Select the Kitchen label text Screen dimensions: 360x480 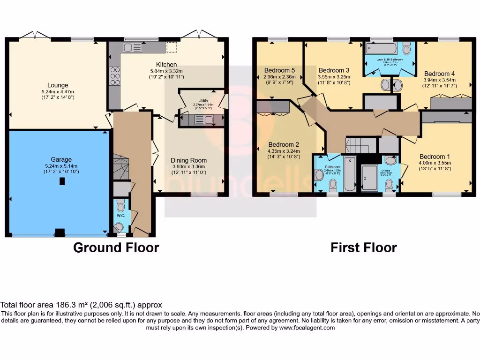(166, 64)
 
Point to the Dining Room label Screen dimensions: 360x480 (188, 160)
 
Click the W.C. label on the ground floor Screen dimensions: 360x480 (120, 216)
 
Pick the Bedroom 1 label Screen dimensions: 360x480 (435, 157)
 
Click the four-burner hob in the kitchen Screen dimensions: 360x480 (114, 76)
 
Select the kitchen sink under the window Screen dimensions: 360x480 (133, 47)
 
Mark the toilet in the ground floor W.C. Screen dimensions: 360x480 (120, 206)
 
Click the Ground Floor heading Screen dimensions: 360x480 (116, 247)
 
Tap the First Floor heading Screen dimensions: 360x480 (363, 247)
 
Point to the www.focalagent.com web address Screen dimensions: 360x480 (307, 328)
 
